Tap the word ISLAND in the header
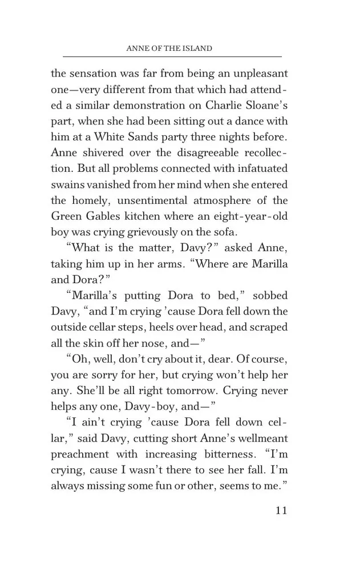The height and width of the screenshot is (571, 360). [x=195, y=49]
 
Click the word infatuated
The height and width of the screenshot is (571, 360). [x=260, y=169]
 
